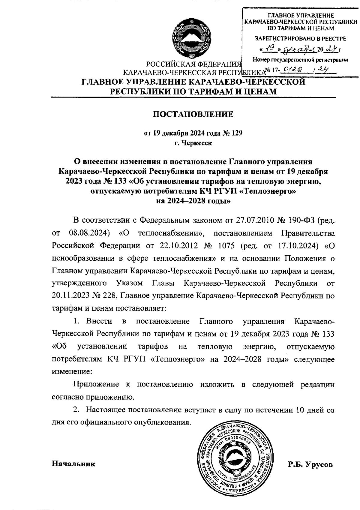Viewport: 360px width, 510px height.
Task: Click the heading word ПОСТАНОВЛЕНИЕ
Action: point(193,114)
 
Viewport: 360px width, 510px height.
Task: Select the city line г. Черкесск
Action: point(193,143)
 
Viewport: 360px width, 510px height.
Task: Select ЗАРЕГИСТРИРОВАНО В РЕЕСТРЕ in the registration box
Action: point(300,39)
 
